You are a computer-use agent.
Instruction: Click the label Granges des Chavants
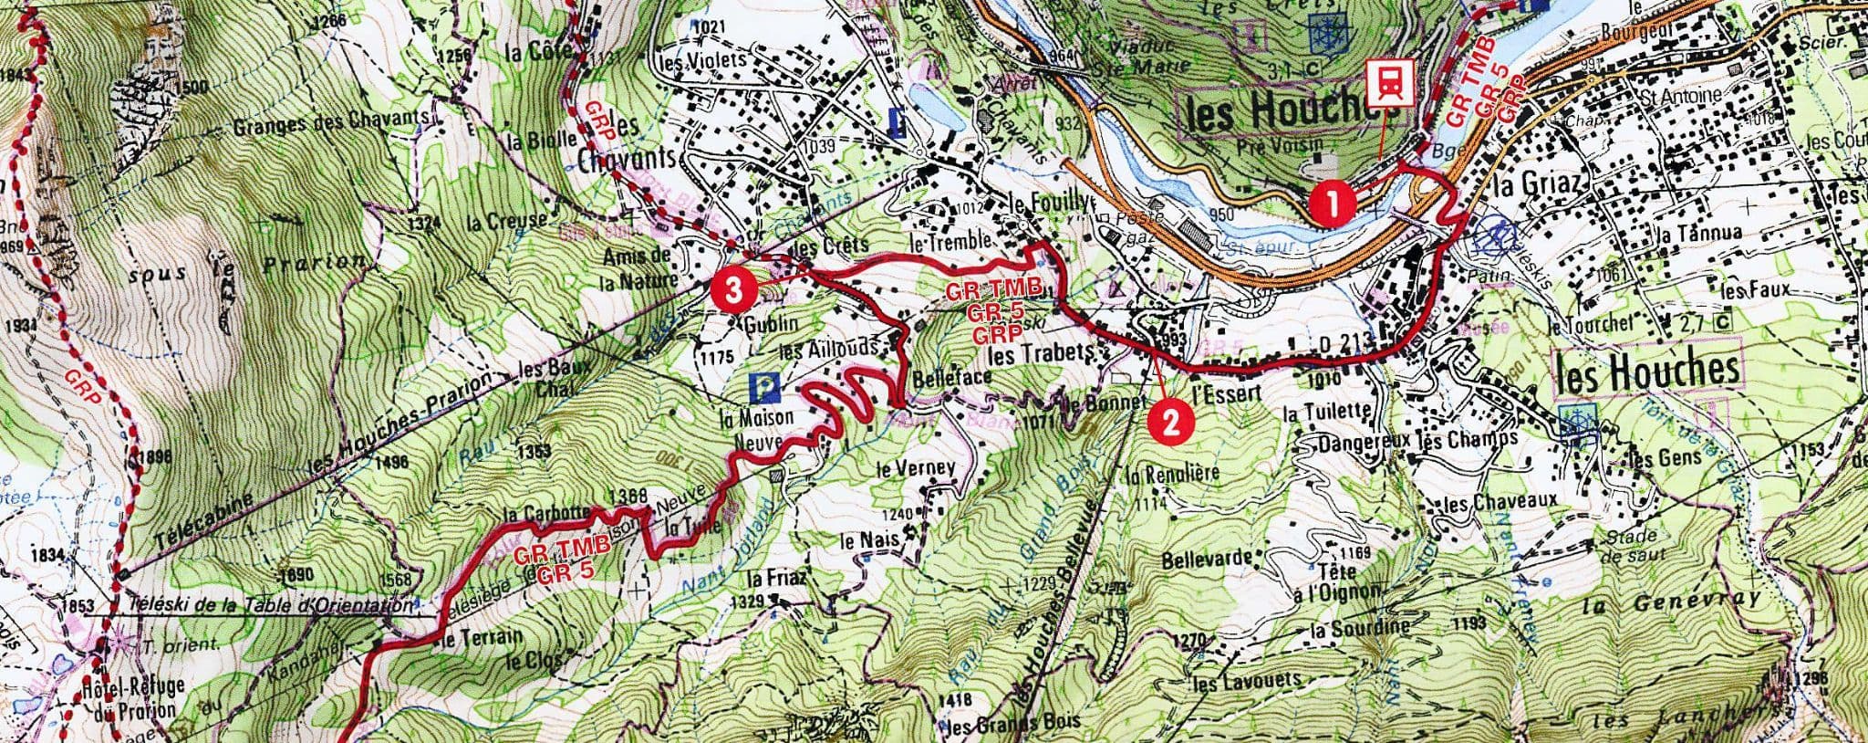[x=330, y=127]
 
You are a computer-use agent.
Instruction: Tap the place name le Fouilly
[x=1048, y=204]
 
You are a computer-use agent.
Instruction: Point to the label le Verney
[x=915, y=469]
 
